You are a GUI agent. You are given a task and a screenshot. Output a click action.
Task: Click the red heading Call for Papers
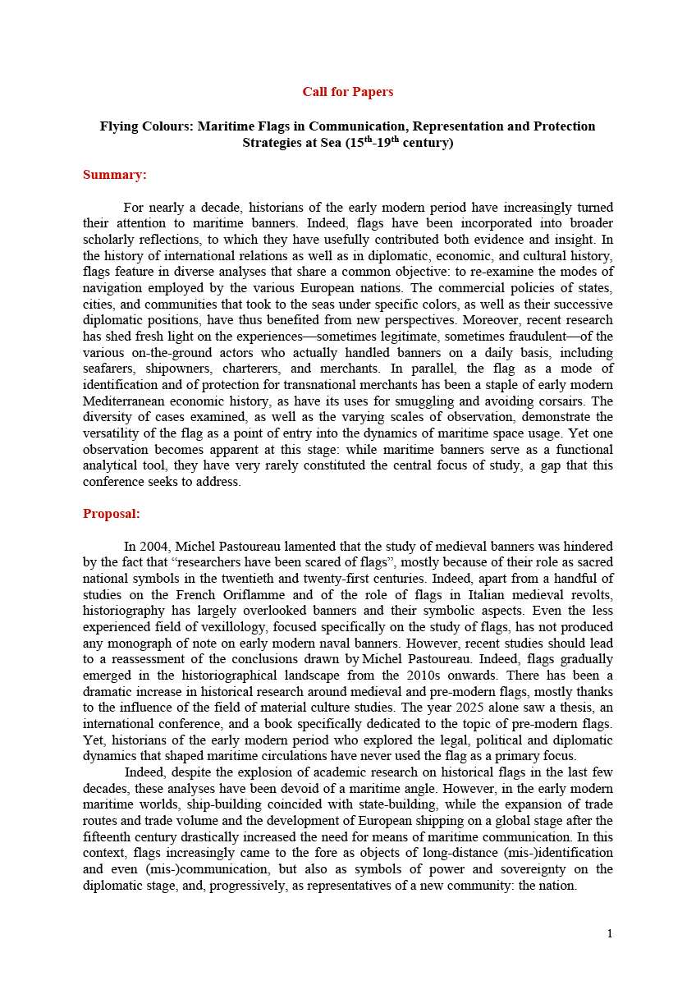pos(347,91)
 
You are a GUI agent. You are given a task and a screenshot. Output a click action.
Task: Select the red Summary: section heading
pos(114,175)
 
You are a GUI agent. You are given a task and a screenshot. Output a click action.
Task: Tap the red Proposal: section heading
pos(112,514)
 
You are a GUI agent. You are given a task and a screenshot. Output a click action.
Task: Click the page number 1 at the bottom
pos(609,933)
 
